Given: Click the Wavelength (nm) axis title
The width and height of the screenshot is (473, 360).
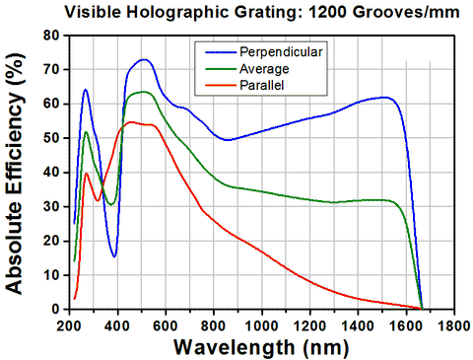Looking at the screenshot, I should click(258, 346).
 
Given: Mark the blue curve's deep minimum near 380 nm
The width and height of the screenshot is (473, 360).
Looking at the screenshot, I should click(114, 255).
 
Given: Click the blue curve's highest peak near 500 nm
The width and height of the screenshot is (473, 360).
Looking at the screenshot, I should click(144, 59).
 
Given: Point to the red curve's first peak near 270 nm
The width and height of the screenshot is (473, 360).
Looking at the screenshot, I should click(87, 174).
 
